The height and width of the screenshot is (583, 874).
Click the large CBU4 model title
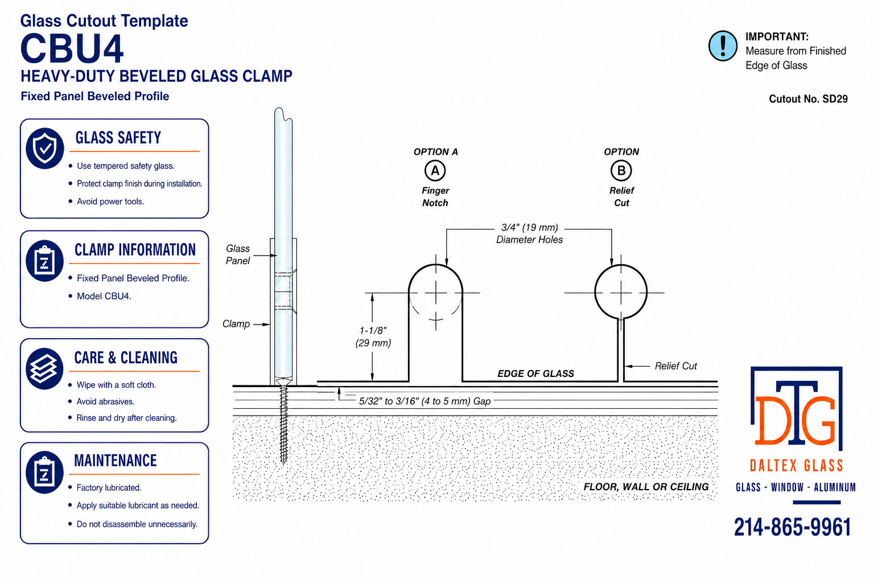click(x=72, y=49)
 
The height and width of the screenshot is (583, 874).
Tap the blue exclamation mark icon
click(x=723, y=46)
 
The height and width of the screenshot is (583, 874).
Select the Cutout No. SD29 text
click(x=808, y=99)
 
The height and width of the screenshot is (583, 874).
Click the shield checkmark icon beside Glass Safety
click(x=45, y=148)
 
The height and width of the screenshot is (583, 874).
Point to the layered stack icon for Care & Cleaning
click(x=44, y=368)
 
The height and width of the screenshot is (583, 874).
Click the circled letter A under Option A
click(x=435, y=171)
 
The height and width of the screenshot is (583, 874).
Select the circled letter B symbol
click(x=621, y=171)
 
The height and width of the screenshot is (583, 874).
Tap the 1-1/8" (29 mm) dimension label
click(x=373, y=336)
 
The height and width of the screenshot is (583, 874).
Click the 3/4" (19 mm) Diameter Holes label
click(x=530, y=233)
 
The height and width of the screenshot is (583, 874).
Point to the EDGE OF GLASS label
click(x=535, y=373)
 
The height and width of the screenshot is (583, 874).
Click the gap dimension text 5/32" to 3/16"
click(x=424, y=401)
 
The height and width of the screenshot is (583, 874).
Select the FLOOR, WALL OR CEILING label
click(x=646, y=487)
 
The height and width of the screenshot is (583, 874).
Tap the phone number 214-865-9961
click(x=792, y=527)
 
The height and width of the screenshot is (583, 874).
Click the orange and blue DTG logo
click(x=797, y=409)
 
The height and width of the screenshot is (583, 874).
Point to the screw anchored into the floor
click(x=284, y=424)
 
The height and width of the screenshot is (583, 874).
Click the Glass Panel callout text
click(x=238, y=254)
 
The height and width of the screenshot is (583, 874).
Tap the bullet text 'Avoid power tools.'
click(x=110, y=202)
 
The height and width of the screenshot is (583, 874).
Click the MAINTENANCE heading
click(x=116, y=461)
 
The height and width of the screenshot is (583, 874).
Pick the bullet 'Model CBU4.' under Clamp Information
click(x=104, y=296)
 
